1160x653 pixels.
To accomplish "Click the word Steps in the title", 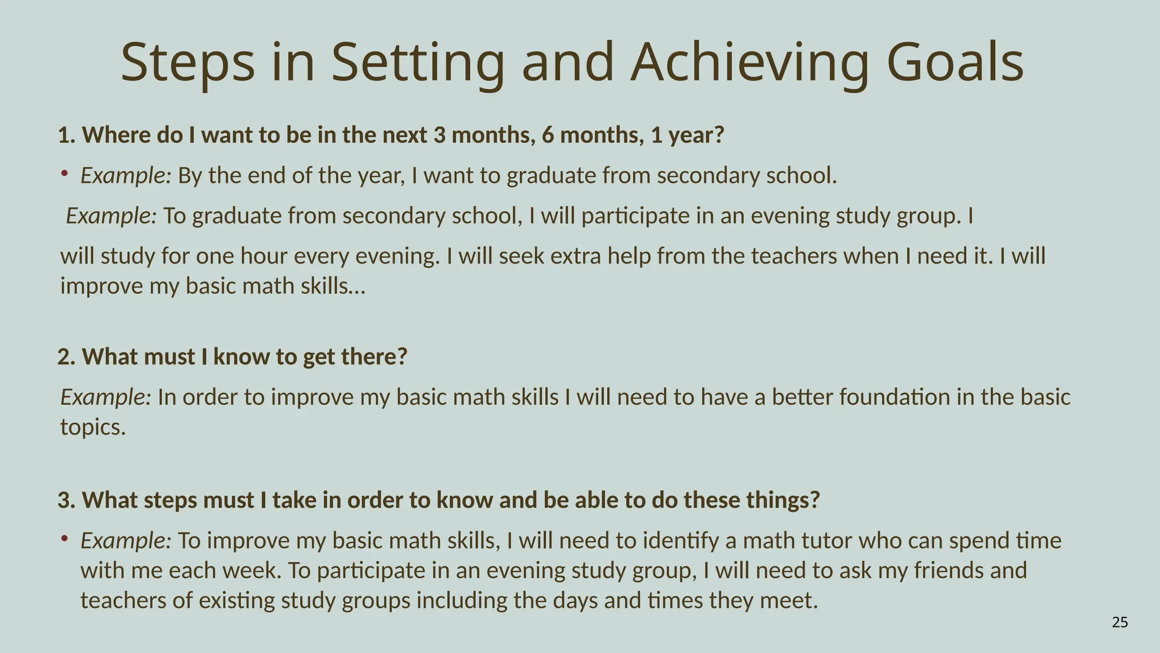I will [x=187, y=62].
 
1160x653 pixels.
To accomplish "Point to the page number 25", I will [x=1120, y=623].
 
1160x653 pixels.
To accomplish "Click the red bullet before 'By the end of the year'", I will [x=65, y=172].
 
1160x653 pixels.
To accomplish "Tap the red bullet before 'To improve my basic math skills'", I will [x=65, y=537].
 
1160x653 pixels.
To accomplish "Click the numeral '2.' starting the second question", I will [x=66, y=357].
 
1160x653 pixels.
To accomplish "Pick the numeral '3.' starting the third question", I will [x=66, y=501].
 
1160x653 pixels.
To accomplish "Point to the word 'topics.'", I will [x=93, y=427].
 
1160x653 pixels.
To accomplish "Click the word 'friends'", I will [x=949, y=570].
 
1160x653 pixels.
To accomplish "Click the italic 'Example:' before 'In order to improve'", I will [x=106, y=397].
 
